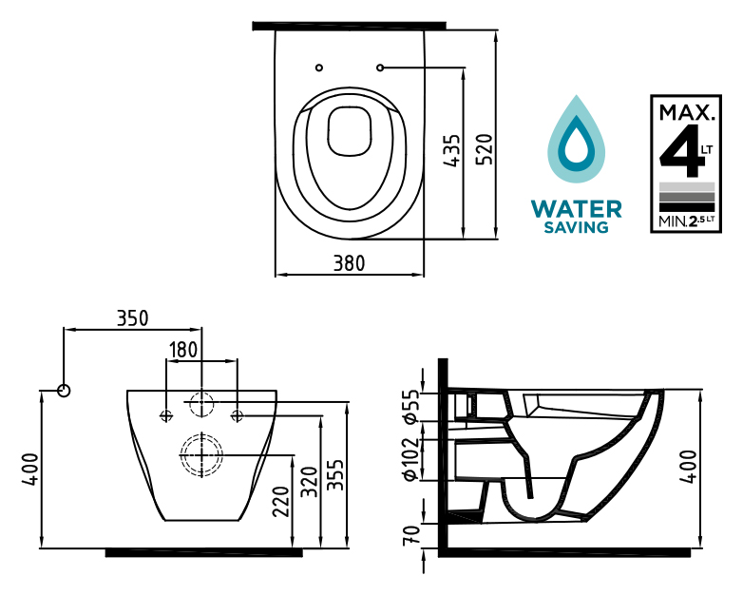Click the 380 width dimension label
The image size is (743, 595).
point(350,263)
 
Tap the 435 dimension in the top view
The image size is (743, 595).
point(451,151)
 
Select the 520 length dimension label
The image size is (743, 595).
point(485,150)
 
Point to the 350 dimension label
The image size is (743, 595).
point(133,318)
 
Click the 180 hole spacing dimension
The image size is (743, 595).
point(183,350)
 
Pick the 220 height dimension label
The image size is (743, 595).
point(280,502)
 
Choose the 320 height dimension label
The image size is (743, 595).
point(310,482)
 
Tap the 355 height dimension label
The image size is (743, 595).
point(335,475)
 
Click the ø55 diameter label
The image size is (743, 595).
point(410,406)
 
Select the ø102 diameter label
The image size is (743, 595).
point(410,459)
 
